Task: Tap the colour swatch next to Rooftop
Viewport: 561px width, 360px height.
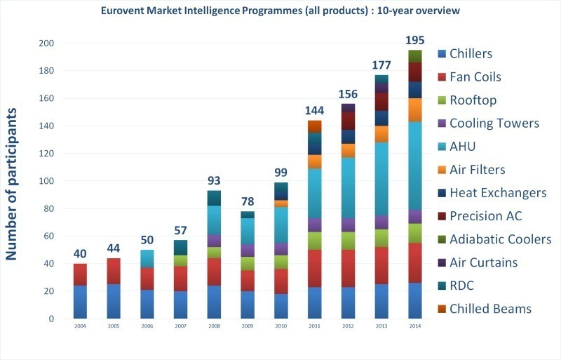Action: pyautogui.click(x=442, y=100)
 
